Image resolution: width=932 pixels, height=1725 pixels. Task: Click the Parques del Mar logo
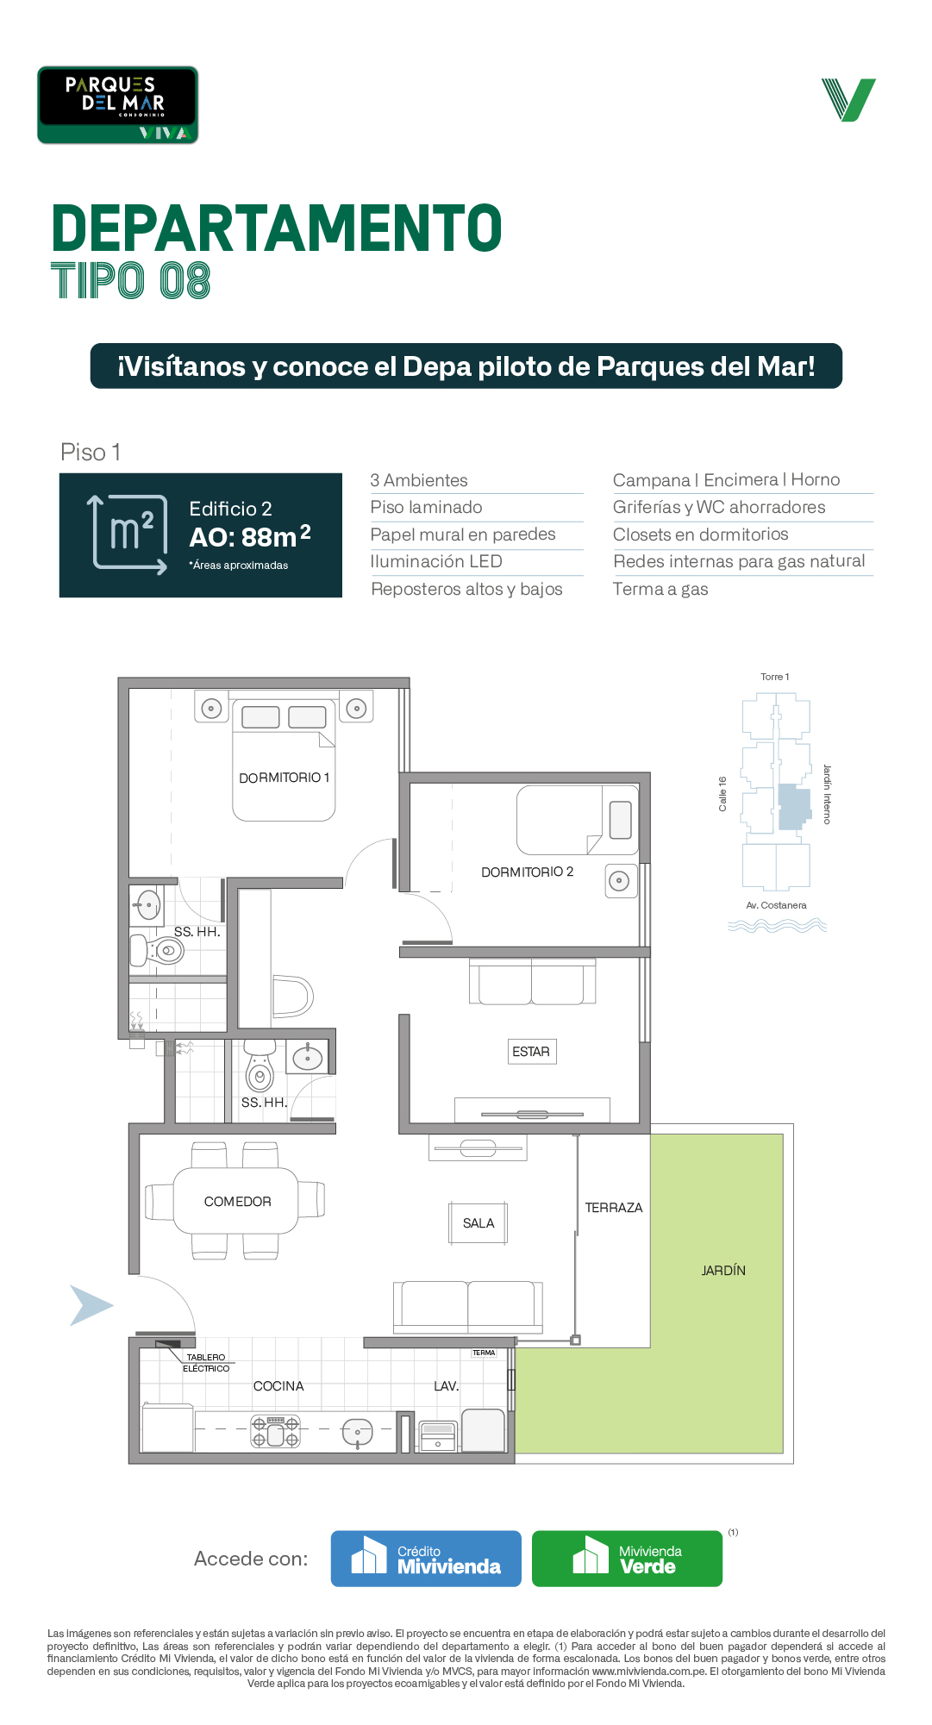117,105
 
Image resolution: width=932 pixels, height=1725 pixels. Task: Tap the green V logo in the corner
848,100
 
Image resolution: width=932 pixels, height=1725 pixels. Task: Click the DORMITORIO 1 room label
284,778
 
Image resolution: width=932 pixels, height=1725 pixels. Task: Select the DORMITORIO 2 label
527,872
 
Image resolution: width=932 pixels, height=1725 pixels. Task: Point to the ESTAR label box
531,1052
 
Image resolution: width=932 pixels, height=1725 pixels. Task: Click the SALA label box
479,1223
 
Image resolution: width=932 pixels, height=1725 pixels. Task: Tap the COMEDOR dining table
236,1201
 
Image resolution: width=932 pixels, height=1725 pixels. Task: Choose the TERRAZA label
614,1208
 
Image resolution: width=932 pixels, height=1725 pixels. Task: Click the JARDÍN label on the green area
723,1271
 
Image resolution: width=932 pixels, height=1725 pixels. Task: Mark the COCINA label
278,1386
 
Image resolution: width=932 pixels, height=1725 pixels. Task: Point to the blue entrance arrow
91,1305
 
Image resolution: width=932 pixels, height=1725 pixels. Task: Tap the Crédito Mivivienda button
426,1559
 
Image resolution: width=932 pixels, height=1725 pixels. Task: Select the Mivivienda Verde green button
627,1559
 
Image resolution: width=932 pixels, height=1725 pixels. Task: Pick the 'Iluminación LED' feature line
436,562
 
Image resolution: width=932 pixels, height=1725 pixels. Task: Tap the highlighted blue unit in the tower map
794,807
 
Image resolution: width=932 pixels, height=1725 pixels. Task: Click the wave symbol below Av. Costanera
777,926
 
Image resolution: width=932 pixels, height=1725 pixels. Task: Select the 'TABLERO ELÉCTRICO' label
206,1363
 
